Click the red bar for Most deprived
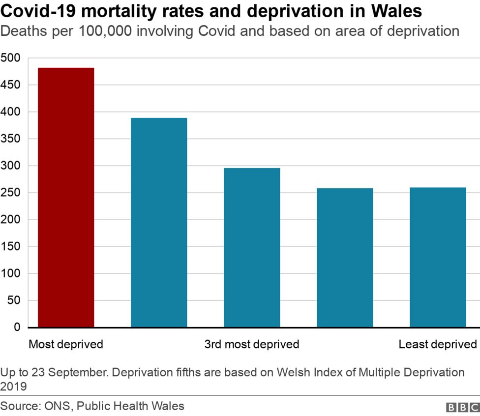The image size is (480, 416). pyautogui.click(x=66, y=197)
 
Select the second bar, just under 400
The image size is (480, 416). pyautogui.click(x=159, y=222)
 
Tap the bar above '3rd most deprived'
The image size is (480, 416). pyautogui.click(x=252, y=247)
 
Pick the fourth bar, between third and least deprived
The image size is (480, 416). pyautogui.click(x=345, y=257)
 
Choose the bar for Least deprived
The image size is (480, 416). pyautogui.click(x=438, y=257)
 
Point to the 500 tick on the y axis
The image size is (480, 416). pyautogui.click(x=10, y=58)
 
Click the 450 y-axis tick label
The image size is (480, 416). pyautogui.click(x=10, y=85)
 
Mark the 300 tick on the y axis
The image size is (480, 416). pyautogui.click(x=10, y=166)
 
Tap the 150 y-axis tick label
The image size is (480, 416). pyautogui.click(x=10, y=247)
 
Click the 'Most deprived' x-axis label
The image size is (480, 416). pyautogui.click(x=66, y=344)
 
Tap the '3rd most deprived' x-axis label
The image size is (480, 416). pyautogui.click(x=252, y=344)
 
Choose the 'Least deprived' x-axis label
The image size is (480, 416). pyautogui.click(x=438, y=344)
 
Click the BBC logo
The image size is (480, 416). pyautogui.click(x=462, y=408)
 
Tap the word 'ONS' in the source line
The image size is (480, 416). pyautogui.click(x=57, y=406)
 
